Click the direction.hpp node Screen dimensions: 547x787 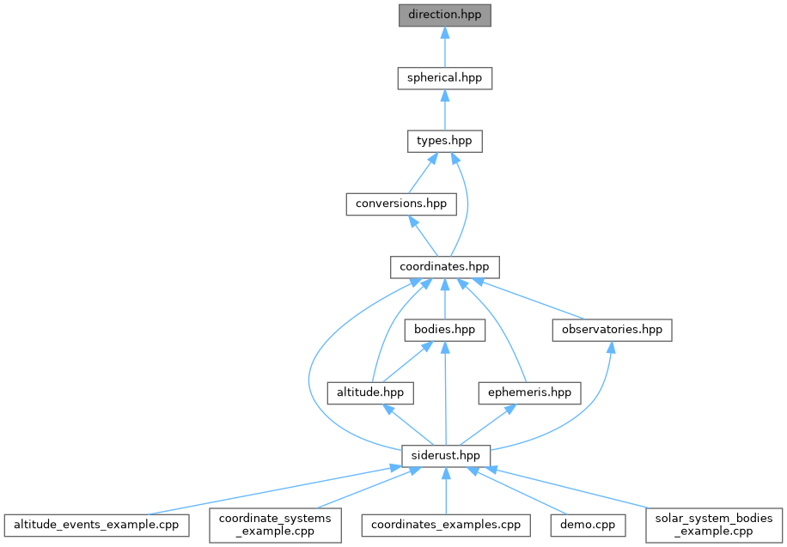pyautogui.click(x=444, y=15)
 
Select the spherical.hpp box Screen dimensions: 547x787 pyautogui.click(x=444, y=78)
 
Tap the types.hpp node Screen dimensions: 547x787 pyautogui.click(x=444, y=141)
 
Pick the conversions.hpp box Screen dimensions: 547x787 pyautogui.click(x=401, y=204)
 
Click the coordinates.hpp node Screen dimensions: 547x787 pyautogui.click(x=444, y=267)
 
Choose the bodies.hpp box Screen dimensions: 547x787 pyautogui.click(x=444, y=330)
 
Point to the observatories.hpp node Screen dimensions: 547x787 pyautogui.click(x=611, y=330)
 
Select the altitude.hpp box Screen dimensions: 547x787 pyautogui.click(x=370, y=392)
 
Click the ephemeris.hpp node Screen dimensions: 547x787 pyautogui.click(x=529, y=392)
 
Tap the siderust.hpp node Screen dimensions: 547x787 pyautogui.click(x=444, y=455)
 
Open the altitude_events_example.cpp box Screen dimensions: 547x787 pyautogui.click(x=96, y=524)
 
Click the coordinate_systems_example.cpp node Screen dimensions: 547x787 pyautogui.click(x=275, y=524)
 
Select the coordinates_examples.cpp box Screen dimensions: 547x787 pyautogui.click(x=444, y=524)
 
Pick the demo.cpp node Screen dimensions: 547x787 pyautogui.click(x=583, y=524)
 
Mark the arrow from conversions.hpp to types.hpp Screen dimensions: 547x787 pyautogui.click(x=421, y=174)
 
